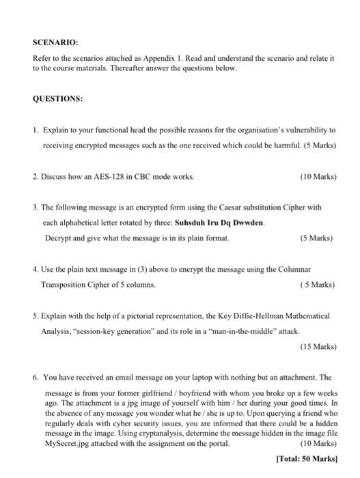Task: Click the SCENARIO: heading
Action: [54, 40]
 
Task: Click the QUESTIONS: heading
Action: [58, 98]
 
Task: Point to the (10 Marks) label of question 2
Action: [318, 176]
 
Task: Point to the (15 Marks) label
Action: [318, 346]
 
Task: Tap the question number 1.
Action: [34, 128]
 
